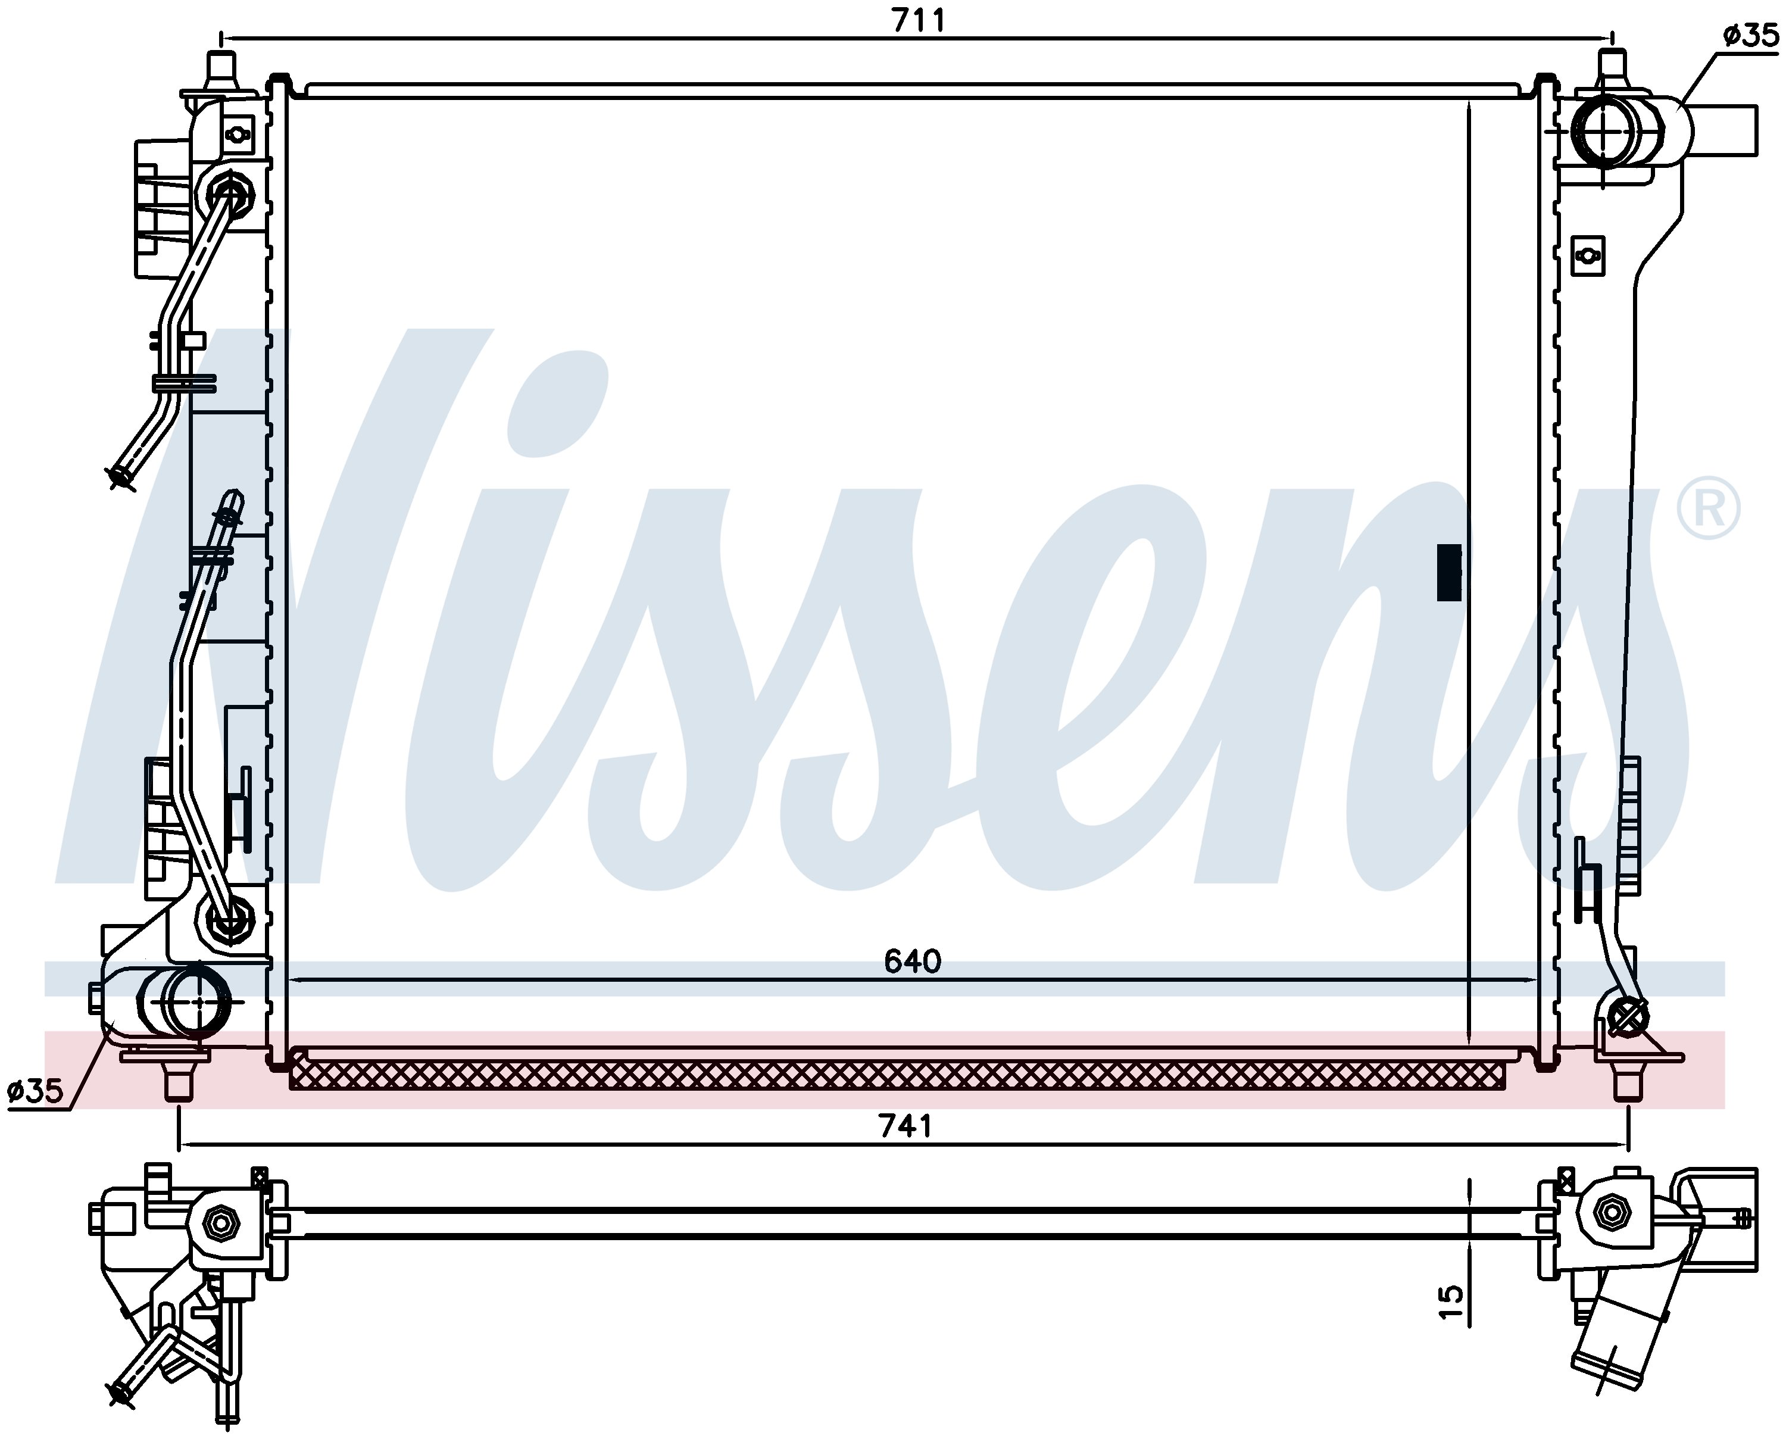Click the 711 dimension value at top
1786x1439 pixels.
pyautogui.click(x=918, y=19)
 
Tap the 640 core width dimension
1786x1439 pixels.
pyautogui.click(x=913, y=962)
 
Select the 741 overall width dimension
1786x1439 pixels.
pyautogui.click(x=906, y=1126)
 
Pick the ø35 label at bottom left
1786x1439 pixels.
pyautogui.click(x=35, y=1091)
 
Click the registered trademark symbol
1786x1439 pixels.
pyautogui.click(x=1708, y=508)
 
